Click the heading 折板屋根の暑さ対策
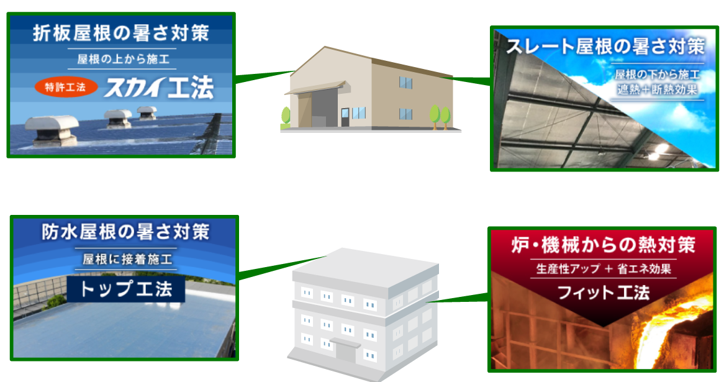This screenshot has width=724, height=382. (x=120, y=33)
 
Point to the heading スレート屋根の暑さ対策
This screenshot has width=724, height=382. (x=605, y=47)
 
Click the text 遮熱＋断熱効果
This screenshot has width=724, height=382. (x=657, y=90)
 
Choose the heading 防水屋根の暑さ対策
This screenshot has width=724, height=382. (x=125, y=233)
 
